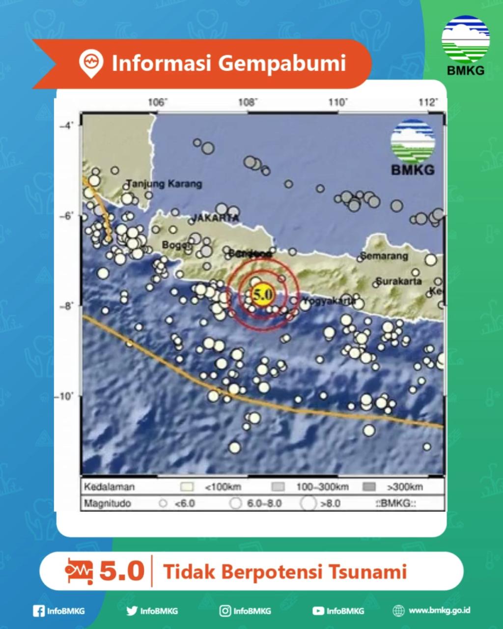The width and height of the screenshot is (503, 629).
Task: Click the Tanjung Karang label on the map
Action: pos(164,184)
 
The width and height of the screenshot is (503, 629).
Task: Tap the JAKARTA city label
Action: pos(215,218)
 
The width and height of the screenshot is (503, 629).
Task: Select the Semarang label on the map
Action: pos(384,256)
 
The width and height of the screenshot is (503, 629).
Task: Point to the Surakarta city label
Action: pos(398,282)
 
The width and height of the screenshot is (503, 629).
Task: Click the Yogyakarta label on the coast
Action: pos(329,300)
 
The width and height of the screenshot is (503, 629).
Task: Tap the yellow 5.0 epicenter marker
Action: pos(262,295)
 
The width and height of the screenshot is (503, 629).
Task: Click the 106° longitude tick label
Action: pos(157,103)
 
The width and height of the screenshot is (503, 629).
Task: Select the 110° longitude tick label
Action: pos(337,103)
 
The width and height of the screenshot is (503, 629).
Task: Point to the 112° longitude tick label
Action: pos(428,103)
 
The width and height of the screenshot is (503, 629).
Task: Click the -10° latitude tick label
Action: pos(65,396)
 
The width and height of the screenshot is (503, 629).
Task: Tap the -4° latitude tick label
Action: pos(66,125)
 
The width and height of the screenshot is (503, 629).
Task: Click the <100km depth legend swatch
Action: pos(187,487)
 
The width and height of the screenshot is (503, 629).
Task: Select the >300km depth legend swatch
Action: pos(368,487)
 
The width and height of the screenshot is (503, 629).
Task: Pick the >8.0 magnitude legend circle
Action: pos(308,503)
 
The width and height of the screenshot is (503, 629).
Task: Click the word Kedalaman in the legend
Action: pos(109,487)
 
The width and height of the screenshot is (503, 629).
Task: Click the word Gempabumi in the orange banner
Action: pos(281,63)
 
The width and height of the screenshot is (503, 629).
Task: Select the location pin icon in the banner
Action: pos(91,63)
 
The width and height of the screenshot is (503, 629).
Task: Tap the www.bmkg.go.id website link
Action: pos(439,610)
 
